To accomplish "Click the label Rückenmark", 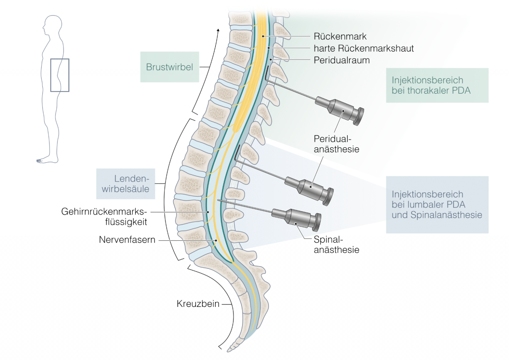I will click(x=340, y=36).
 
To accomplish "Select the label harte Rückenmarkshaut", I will click(x=363, y=48).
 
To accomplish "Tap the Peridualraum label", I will click(x=341, y=60).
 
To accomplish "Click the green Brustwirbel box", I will click(x=170, y=67).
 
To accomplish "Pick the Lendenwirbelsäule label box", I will click(x=126, y=184).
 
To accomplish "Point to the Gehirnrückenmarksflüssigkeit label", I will click(x=104, y=217).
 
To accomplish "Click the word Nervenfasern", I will click(x=127, y=240).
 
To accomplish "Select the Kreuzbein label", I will click(x=198, y=304).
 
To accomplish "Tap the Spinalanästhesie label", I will click(x=336, y=245).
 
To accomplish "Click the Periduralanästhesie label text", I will click(x=336, y=144).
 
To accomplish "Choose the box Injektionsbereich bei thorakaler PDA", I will click(x=437, y=85).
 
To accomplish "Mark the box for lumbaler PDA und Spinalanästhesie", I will click(x=437, y=204).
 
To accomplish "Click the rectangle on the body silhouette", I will click(x=60, y=75).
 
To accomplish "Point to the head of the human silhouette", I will click(x=52, y=25).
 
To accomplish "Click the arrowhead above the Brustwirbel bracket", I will click(x=218, y=30).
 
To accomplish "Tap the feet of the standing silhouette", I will click(x=46, y=161).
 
